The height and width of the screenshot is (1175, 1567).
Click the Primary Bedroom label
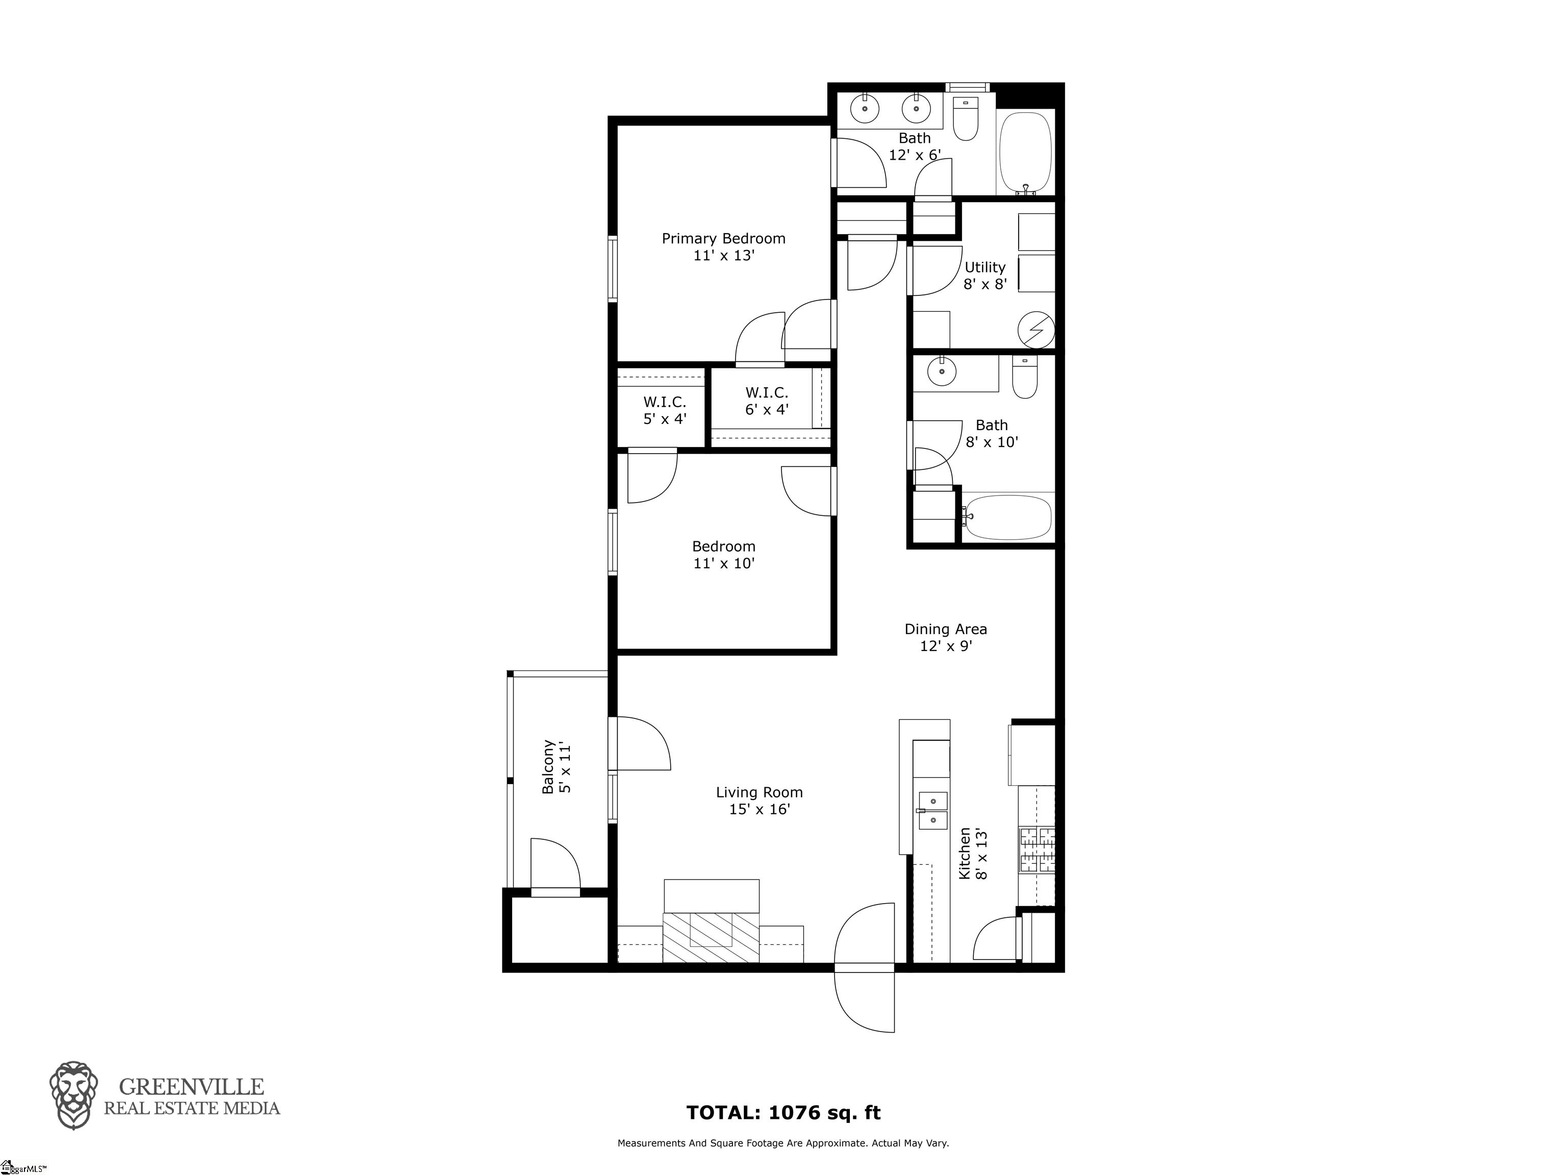pyautogui.click(x=723, y=246)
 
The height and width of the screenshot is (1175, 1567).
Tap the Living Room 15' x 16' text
pyautogui.click(x=760, y=801)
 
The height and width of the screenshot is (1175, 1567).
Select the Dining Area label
pyautogui.click(x=946, y=637)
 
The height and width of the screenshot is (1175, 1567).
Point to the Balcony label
pyautogui.click(x=556, y=767)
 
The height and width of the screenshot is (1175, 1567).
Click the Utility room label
pyautogui.click(x=984, y=276)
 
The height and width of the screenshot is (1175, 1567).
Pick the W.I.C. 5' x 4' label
pyautogui.click(x=665, y=410)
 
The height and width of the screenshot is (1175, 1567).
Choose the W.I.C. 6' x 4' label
pyautogui.click(x=767, y=401)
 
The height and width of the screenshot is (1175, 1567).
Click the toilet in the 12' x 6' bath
pyautogui.click(x=966, y=118)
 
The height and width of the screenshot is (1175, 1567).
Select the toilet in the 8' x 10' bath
pyautogui.click(x=1024, y=377)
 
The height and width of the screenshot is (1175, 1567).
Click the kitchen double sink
pyautogui.click(x=932, y=810)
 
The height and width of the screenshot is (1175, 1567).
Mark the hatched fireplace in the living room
pyautogui.click(x=711, y=937)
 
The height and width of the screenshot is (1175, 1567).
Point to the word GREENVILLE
pyautogui.click(x=191, y=1086)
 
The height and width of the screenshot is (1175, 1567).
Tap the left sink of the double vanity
pyautogui.click(x=864, y=110)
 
